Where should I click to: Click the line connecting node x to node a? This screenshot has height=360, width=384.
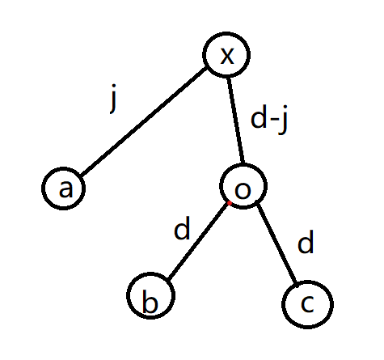[144, 121]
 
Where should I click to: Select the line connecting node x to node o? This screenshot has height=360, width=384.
[236, 121]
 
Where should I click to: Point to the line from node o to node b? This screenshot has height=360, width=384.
[198, 240]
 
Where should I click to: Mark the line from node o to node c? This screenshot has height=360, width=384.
[276, 245]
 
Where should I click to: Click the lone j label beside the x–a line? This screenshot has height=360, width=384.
[114, 99]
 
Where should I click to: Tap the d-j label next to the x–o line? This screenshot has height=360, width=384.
[269, 119]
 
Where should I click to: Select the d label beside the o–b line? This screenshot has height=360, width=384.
[182, 228]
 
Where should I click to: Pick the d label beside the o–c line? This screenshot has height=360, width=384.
[306, 242]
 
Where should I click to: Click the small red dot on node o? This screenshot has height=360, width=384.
[230, 203]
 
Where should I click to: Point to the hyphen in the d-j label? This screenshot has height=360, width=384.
[275, 121]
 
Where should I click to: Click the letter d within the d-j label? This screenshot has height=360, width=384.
[259, 116]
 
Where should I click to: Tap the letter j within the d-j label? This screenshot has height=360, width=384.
[284, 120]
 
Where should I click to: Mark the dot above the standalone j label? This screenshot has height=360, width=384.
[114, 86]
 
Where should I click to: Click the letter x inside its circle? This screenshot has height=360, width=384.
[227, 57]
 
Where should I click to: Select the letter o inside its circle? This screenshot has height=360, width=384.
[243, 190]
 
